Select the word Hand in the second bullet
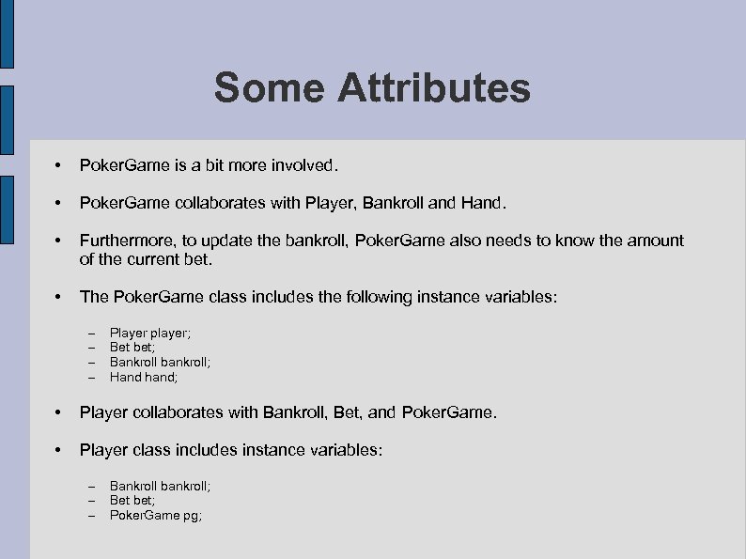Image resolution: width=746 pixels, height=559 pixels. click(x=483, y=203)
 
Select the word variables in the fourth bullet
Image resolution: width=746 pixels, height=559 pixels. click(x=519, y=297)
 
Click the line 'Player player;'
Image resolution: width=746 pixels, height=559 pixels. click(x=150, y=333)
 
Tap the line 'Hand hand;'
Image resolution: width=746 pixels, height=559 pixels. click(x=143, y=377)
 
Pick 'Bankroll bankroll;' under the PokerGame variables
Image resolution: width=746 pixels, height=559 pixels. click(x=160, y=363)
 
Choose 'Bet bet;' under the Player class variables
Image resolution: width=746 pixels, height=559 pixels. click(x=132, y=501)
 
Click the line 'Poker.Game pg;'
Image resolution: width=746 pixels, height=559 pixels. click(x=156, y=516)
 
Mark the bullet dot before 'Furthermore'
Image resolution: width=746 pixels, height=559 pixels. click(x=59, y=241)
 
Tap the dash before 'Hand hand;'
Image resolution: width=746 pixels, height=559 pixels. click(x=91, y=378)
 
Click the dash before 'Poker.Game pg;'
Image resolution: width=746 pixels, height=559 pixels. click(x=91, y=516)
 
